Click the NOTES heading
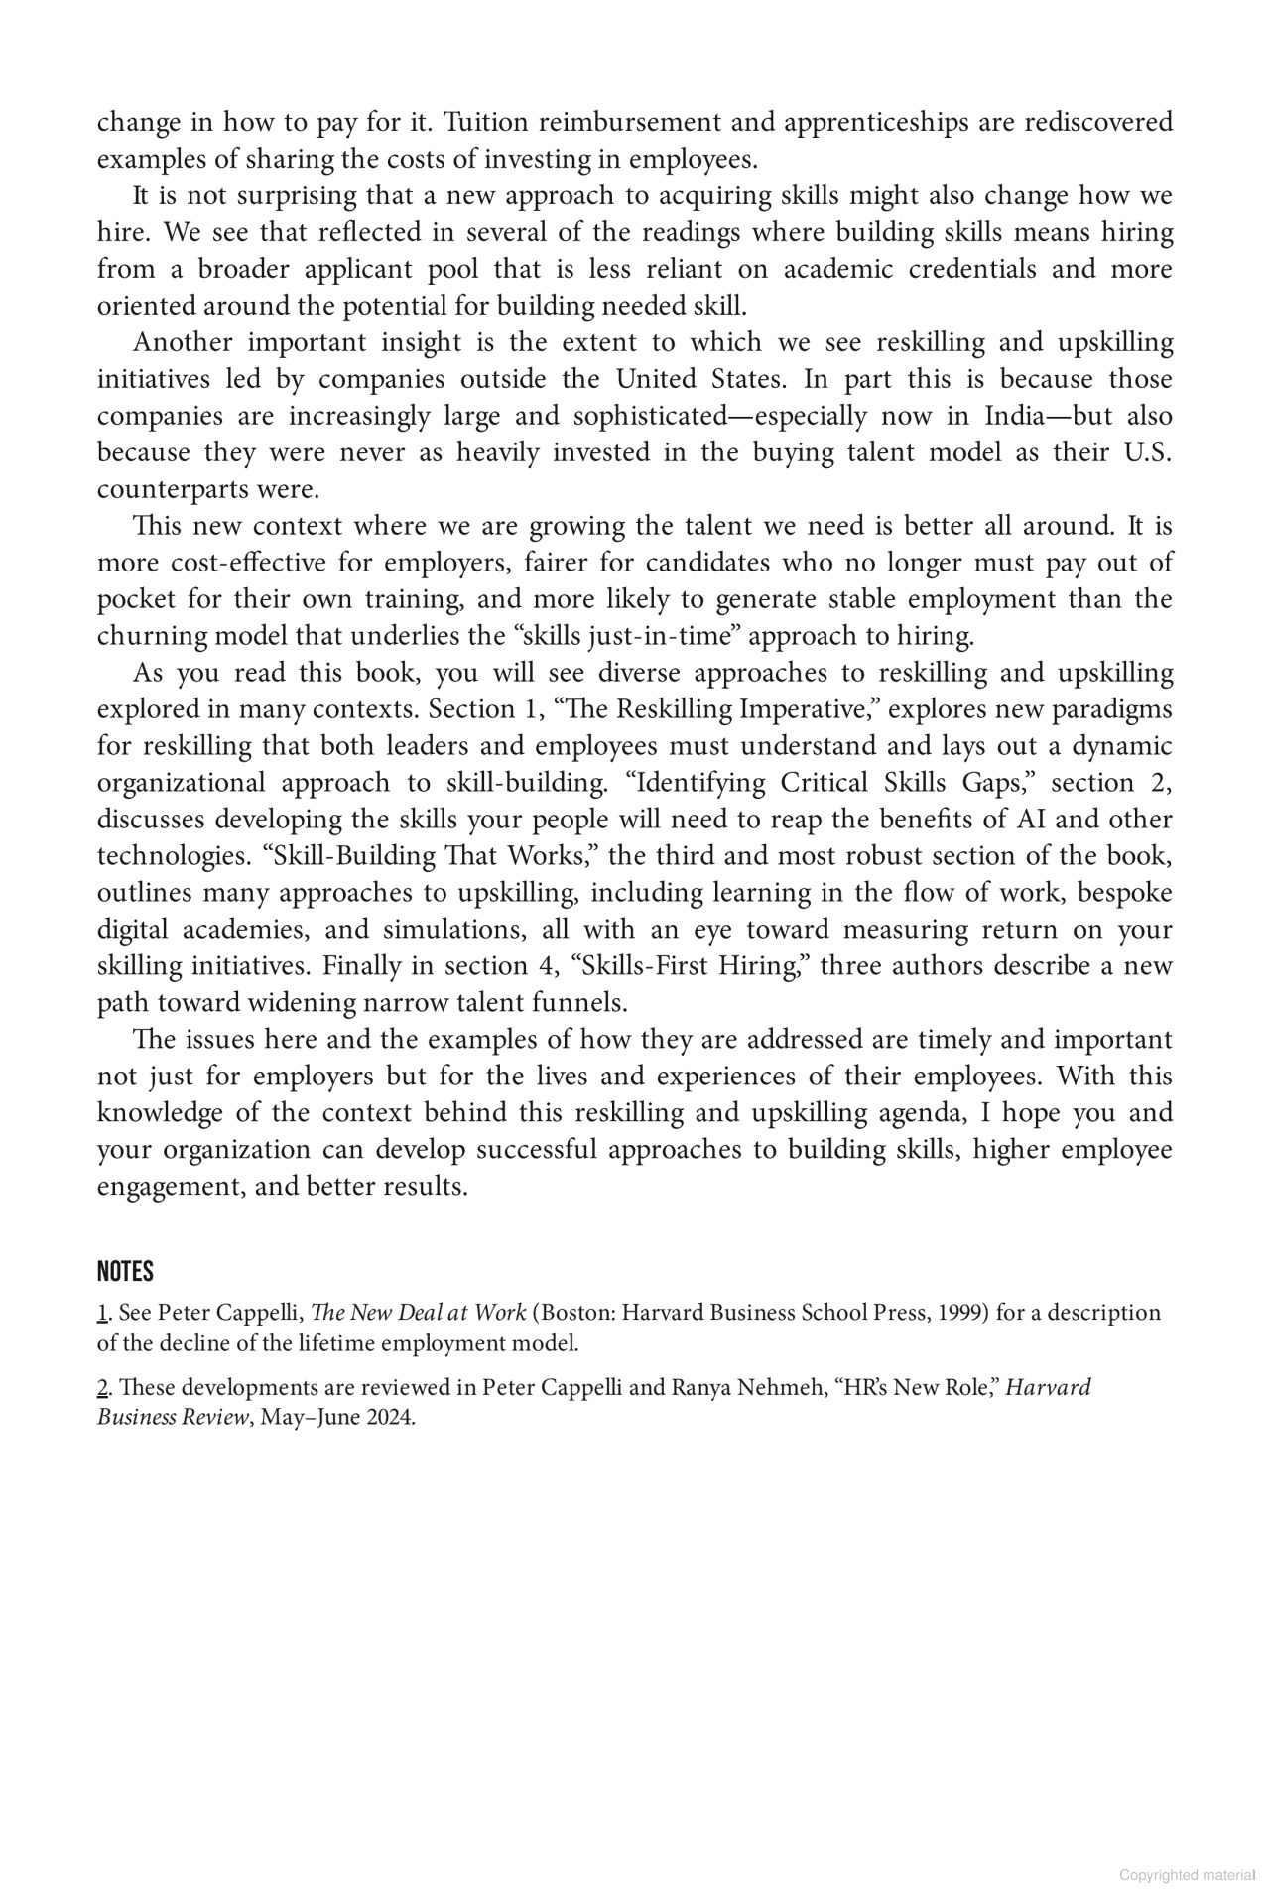[125, 1271]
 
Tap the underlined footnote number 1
[102, 1313]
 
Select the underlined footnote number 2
[102, 1387]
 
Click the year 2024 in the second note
[390, 1417]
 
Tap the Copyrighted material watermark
[1187, 1875]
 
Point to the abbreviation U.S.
[1148, 452]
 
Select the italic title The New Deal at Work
[418, 1313]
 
